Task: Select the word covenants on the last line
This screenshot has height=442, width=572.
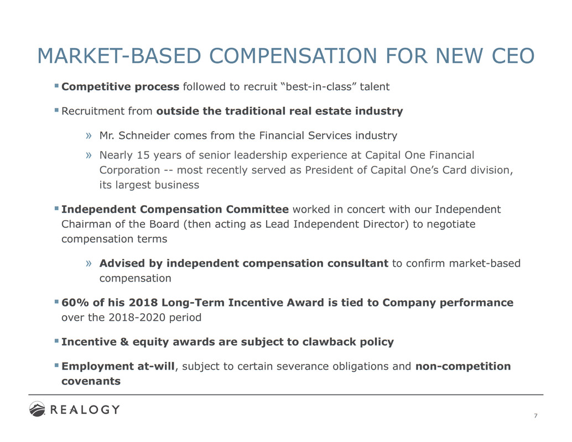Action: click(x=90, y=381)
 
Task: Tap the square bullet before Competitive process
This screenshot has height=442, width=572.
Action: click(x=56, y=86)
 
